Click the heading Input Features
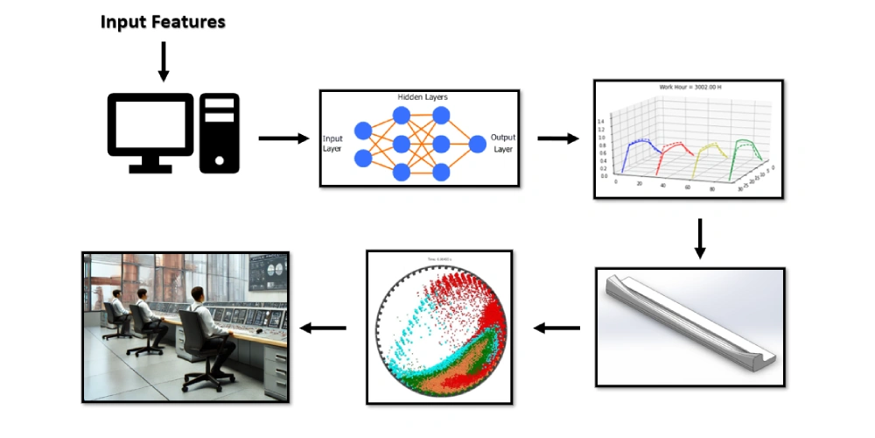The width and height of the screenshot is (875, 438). pos(163,22)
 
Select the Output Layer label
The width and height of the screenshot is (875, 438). pos(503,143)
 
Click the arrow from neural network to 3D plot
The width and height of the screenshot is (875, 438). pos(557,138)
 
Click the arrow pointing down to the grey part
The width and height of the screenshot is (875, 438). pos(699,238)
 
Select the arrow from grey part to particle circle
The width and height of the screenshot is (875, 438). pos(557,328)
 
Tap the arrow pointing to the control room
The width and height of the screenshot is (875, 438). pos(323,328)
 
